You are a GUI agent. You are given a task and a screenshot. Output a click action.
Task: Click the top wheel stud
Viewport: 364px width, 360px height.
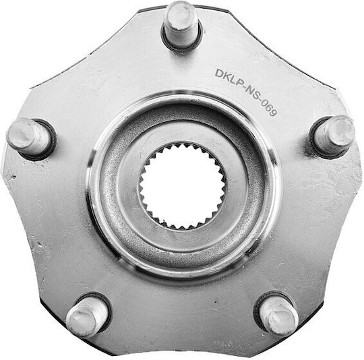[181, 24]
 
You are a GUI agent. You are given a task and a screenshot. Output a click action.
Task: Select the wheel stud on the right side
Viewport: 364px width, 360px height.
[334, 136]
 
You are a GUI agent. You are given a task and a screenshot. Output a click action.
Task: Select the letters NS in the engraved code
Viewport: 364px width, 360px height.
[252, 94]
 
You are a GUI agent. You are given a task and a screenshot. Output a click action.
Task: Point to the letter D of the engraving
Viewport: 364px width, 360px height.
[219, 73]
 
